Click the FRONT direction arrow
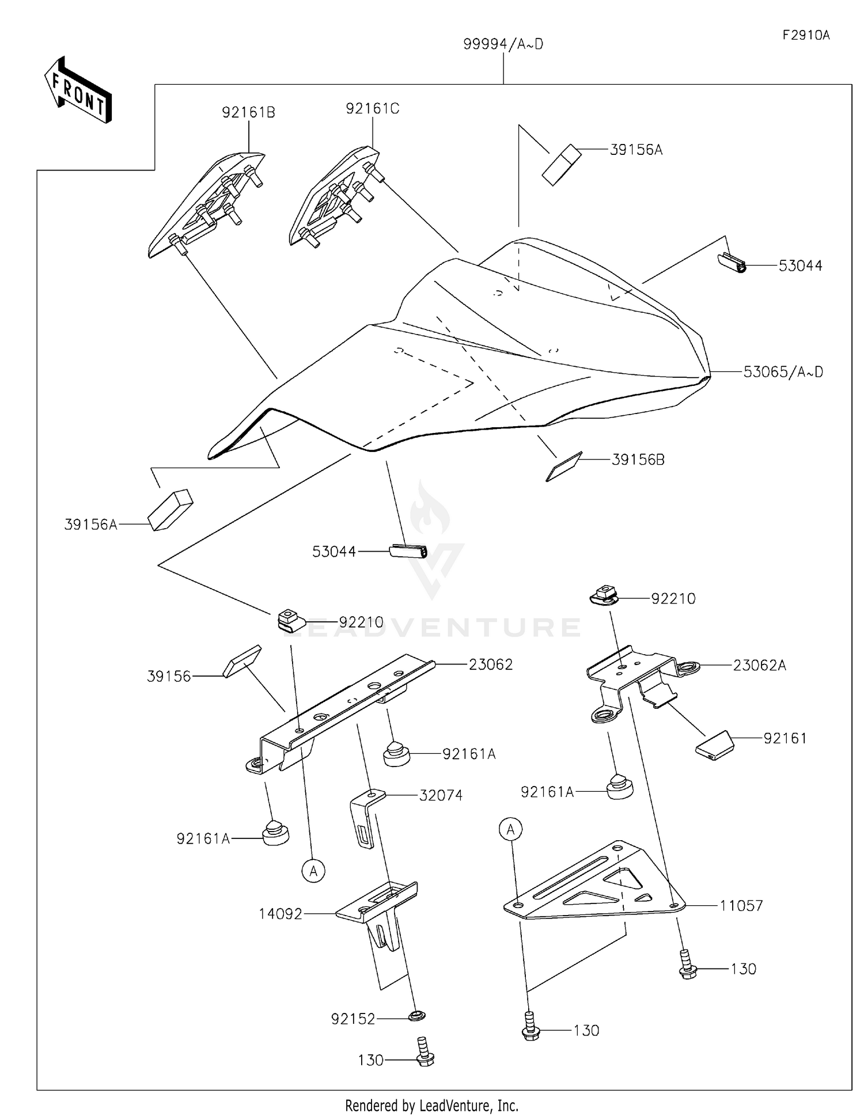pos(78,91)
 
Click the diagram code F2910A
pos(806,35)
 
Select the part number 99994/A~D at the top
pos(503,44)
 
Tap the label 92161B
pos(248,112)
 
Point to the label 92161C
pos(372,108)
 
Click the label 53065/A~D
pos(783,372)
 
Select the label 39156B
pos(638,460)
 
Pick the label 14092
pos(281,914)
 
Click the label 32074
pos(441,795)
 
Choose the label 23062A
pos(759,666)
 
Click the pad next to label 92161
pos(715,746)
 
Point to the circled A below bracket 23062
pos(313,871)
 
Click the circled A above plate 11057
pos(510,830)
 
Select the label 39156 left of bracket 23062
pos(169,676)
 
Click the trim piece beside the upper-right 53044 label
pos(732,263)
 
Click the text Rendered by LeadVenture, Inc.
pos(431,1106)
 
